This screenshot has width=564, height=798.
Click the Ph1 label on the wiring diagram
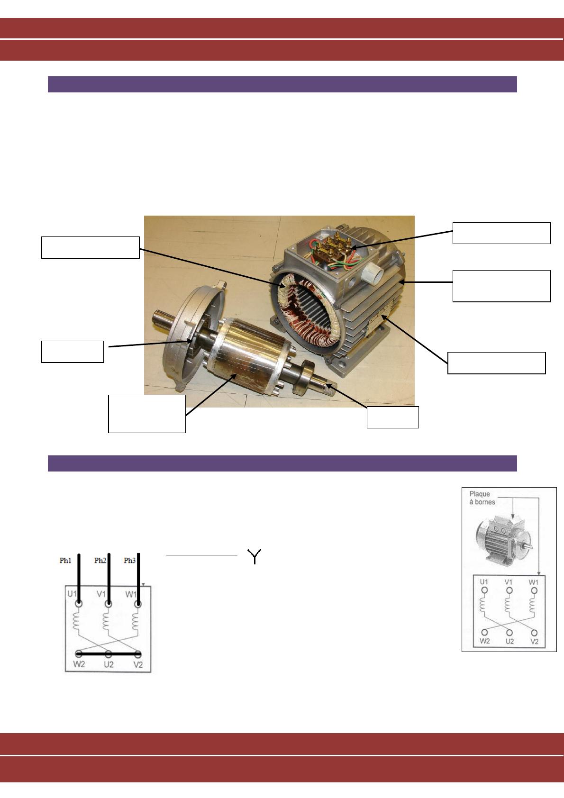point(65,561)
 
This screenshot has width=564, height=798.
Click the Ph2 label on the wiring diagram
point(100,561)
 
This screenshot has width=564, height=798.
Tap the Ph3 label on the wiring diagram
point(129,561)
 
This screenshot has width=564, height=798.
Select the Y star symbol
point(254,556)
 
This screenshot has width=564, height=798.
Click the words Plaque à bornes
point(482,498)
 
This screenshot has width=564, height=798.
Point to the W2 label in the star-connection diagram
point(79,664)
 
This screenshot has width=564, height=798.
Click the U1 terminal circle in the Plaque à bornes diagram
point(484,590)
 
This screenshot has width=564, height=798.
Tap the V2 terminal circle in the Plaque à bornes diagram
point(534,633)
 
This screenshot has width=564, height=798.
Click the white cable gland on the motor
point(373,273)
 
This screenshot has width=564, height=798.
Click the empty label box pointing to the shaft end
point(392,417)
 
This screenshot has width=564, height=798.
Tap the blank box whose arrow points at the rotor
point(147,414)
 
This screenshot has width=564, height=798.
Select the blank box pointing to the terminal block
point(501,233)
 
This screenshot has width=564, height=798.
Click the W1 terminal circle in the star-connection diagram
point(138,604)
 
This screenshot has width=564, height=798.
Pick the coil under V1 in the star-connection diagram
point(106,621)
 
